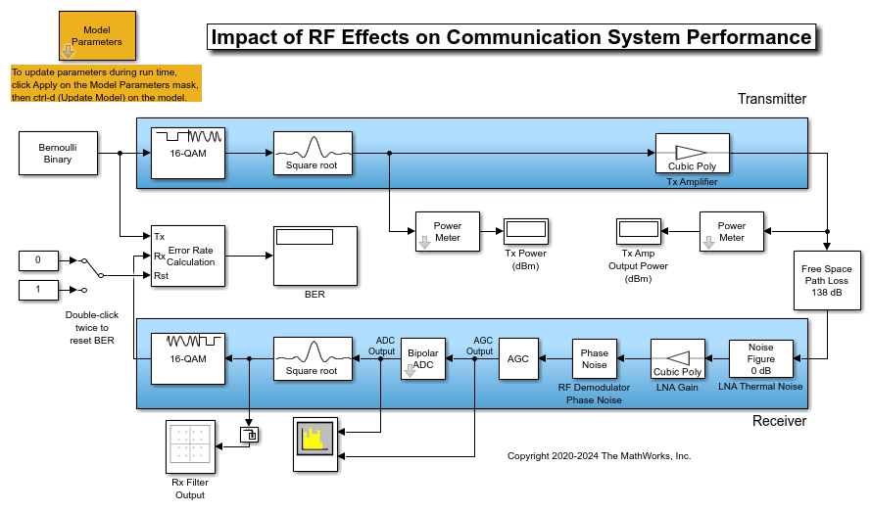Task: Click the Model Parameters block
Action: pos(97,36)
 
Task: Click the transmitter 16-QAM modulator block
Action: pos(187,153)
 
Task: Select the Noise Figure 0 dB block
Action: pos(760,358)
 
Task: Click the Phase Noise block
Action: pos(595,358)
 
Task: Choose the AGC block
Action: pos(517,358)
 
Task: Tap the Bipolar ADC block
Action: pos(423,358)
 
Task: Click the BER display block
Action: pos(314,256)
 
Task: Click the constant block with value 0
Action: pos(38,260)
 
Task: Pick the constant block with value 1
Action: pos(38,290)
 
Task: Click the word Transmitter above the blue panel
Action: pos(771,99)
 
